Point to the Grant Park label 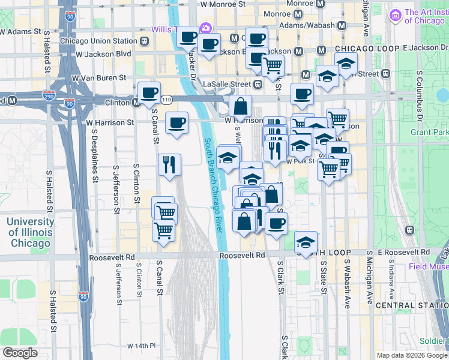[x=429, y=131]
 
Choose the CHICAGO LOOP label [x=367, y=48]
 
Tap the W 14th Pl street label [x=141, y=346]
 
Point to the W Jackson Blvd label [x=103, y=54]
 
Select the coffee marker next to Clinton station [x=149, y=94]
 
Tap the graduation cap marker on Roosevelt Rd [x=306, y=243]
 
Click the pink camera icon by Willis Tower [x=206, y=28]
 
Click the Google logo [x=20, y=353]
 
